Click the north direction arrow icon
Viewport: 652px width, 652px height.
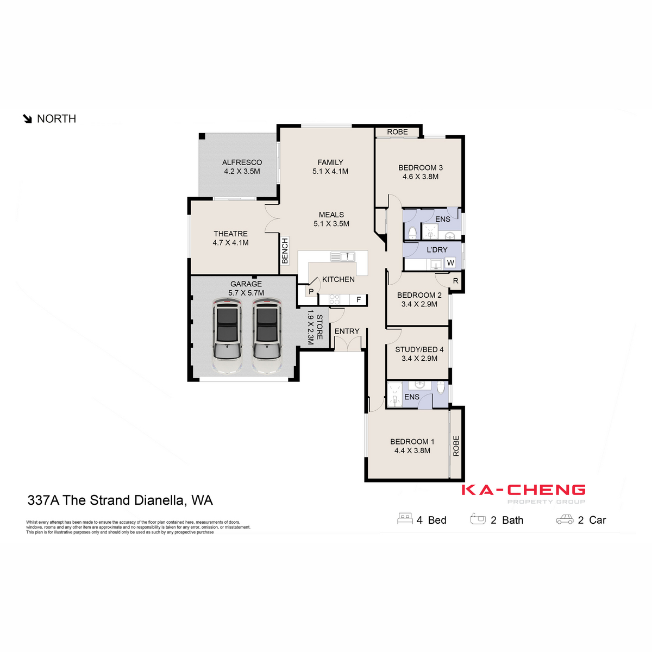point(28,119)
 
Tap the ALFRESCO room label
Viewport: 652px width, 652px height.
point(242,162)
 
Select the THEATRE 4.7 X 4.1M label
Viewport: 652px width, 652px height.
point(230,239)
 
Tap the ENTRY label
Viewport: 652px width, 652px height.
point(347,331)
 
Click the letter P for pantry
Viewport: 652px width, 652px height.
point(311,292)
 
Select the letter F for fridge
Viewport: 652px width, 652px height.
point(359,299)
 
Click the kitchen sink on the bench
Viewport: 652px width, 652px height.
point(343,256)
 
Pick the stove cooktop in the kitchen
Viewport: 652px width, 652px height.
point(334,299)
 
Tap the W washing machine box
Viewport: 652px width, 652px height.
point(450,263)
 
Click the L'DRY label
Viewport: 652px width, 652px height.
point(437,250)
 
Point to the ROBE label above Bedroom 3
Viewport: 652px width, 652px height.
point(397,132)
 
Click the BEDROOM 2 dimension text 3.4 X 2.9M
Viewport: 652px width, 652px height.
point(419,304)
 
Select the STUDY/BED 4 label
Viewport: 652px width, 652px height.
point(419,349)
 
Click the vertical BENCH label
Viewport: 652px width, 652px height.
point(285,251)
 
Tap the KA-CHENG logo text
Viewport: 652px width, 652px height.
point(523,490)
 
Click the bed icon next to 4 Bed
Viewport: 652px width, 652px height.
point(405,519)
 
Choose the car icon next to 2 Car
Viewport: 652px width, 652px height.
point(565,520)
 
